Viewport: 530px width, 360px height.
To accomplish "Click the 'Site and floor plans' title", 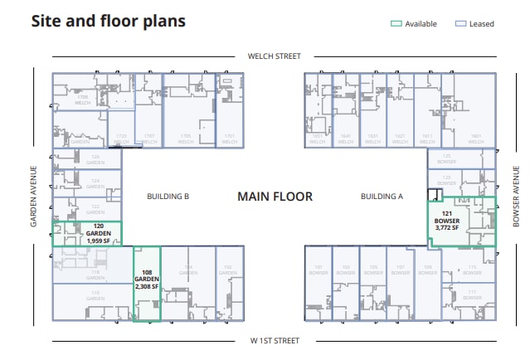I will pyautogui.click(x=108, y=21).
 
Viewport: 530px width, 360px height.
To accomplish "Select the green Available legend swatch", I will pyautogui.click(x=396, y=24).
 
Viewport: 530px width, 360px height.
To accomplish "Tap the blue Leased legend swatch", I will pyautogui.click(x=461, y=24).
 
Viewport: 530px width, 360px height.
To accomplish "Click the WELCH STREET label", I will pyautogui.click(x=275, y=57).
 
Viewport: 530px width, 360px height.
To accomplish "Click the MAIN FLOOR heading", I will pyautogui.click(x=275, y=197).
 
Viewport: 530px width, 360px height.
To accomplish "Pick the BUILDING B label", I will pyautogui.click(x=168, y=197).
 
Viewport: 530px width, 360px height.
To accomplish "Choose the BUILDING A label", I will pyautogui.click(x=381, y=197).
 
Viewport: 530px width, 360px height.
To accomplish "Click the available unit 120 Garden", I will pyautogui.click(x=87, y=234).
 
